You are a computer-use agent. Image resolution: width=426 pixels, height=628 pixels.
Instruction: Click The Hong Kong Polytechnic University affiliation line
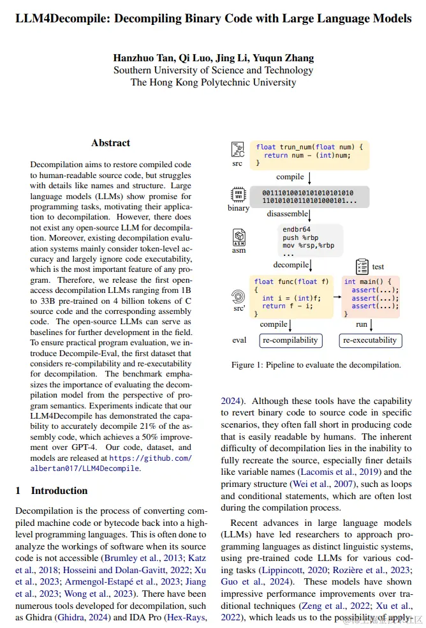[213, 82]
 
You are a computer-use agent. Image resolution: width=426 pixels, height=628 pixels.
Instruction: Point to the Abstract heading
[110, 143]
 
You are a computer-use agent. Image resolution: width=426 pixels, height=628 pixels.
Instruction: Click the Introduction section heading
[59, 490]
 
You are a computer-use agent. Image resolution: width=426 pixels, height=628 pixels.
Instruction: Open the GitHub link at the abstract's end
[110, 463]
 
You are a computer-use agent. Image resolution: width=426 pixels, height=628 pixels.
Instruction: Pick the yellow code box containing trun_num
[309, 155]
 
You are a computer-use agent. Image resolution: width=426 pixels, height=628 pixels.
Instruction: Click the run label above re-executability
[362, 324]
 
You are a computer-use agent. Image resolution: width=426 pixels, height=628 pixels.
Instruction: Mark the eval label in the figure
[239, 340]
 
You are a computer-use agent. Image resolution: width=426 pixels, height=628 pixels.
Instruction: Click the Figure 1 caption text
[316, 365]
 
